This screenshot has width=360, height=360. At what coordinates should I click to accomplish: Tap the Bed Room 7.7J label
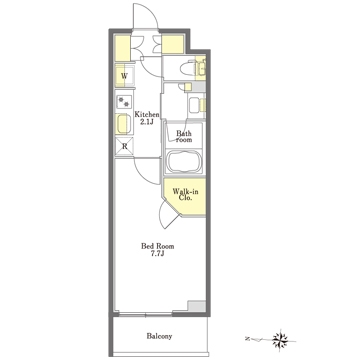click(158, 250)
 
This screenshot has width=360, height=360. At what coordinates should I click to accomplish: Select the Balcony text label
click(159, 336)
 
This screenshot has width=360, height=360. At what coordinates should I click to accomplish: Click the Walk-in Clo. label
click(183, 194)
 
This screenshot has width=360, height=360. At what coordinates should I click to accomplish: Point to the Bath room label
click(184, 137)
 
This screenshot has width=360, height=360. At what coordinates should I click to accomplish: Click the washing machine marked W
click(125, 76)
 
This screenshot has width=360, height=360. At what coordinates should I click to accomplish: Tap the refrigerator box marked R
click(124, 146)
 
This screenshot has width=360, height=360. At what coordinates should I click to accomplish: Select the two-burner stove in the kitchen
click(124, 101)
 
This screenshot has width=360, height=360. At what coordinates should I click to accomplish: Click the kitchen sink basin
click(124, 123)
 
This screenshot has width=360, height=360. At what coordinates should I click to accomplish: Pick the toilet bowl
click(187, 69)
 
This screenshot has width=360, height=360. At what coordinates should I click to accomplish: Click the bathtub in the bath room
click(184, 161)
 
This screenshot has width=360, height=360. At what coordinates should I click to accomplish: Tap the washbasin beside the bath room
click(195, 105)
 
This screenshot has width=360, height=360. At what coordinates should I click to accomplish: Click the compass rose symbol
click(280, 340)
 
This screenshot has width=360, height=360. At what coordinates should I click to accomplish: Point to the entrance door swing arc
click(152, 10)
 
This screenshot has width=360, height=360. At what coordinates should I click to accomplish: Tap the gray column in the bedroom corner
click(197, 306)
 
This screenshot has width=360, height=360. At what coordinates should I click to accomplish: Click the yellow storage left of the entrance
click(122, 48)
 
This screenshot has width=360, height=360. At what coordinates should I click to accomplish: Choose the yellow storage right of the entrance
click(173, 44)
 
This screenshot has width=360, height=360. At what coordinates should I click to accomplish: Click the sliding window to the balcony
click(146, 314)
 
